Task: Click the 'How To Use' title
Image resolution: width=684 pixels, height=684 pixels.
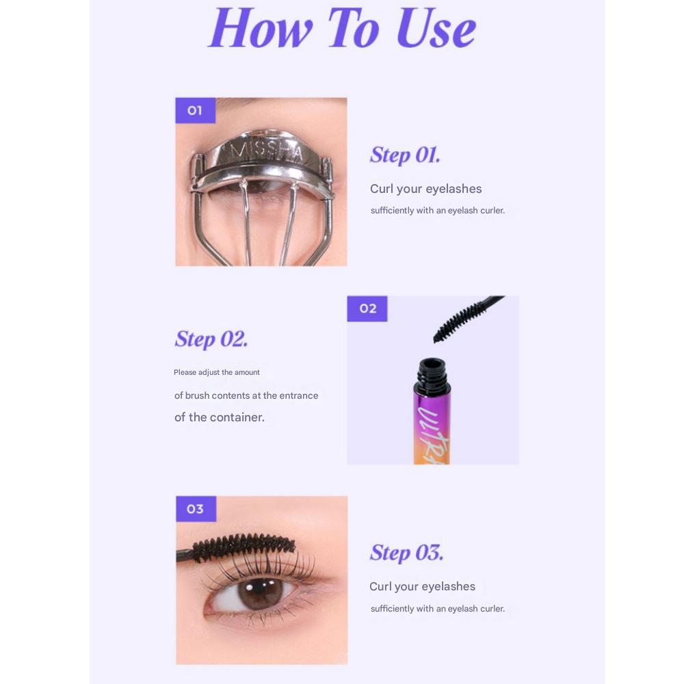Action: point(342,29)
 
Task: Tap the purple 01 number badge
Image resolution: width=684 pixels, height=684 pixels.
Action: point(195,110)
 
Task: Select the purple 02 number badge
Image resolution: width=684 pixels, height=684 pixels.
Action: point(367,308)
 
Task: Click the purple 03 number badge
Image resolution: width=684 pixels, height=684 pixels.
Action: point(196,509)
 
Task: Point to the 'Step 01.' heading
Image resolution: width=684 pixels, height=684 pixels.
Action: point(405,155)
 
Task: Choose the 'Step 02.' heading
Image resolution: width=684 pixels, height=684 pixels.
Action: point(211,339)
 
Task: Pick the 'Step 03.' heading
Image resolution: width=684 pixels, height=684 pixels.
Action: point(406,553)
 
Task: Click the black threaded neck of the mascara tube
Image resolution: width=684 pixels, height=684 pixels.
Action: point(432,376)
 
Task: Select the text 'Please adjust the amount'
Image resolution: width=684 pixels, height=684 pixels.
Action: point(217,373)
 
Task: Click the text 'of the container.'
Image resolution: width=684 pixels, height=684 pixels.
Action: point(220,417)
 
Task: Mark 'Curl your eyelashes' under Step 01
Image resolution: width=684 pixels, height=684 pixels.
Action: point(425,189)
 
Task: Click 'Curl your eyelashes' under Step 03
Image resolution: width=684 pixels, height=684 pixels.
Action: point(422,587)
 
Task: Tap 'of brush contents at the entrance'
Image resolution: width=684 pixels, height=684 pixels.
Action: point(246,395)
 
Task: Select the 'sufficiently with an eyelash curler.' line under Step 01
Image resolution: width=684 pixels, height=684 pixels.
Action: point(438,211)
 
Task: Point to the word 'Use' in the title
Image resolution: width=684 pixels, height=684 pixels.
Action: point(436,29)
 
